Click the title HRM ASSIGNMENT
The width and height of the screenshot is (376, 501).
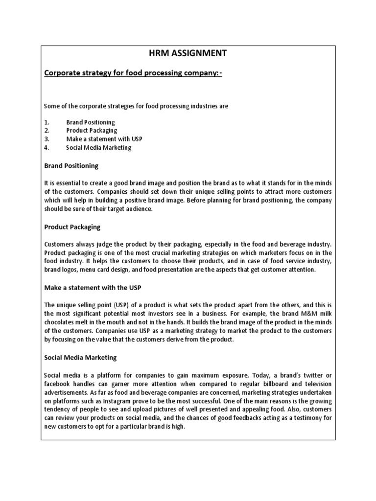[x=188, y=53]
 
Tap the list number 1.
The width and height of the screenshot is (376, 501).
[x=46, y=122]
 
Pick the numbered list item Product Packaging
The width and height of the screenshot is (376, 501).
[x=92, y=131]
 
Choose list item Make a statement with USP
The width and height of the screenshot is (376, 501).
[x=104, y=139]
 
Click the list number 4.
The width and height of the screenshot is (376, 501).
[x=47, y=147]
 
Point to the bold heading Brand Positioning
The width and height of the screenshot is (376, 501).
[x=71, y=166]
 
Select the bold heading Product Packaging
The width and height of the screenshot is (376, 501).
[x=72, y=227]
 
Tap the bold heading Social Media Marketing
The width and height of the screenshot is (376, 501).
[x=80, y=357]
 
